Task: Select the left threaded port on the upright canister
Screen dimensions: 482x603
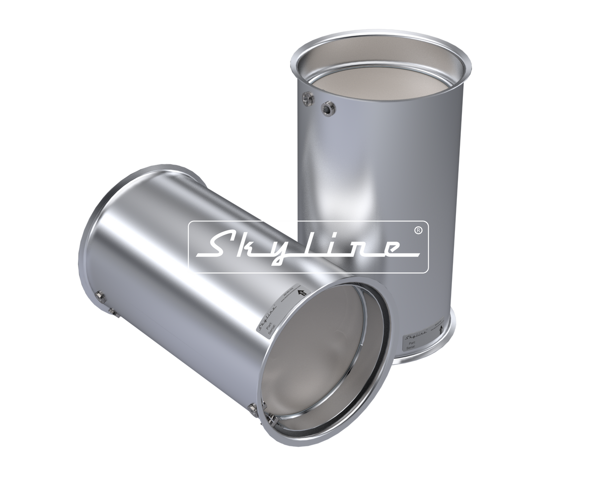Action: pos(306,99)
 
